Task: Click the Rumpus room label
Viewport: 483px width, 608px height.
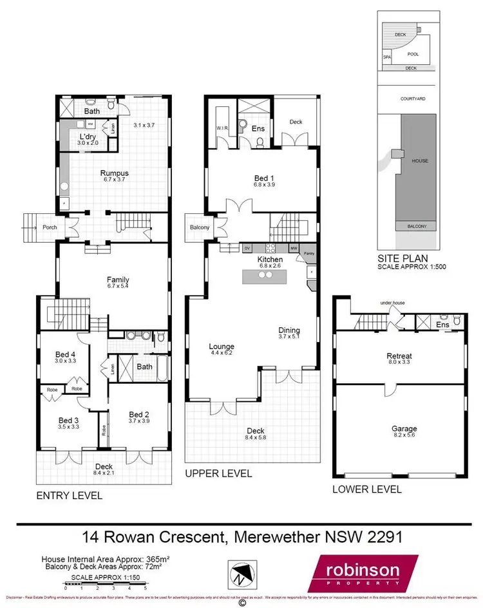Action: click(x=114, y=173)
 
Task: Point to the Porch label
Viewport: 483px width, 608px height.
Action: click(x=50, y=227)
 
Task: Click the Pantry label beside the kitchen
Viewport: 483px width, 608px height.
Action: click(x=309, y=254)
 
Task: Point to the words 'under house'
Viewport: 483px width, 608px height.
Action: click(x=391, y=302)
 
